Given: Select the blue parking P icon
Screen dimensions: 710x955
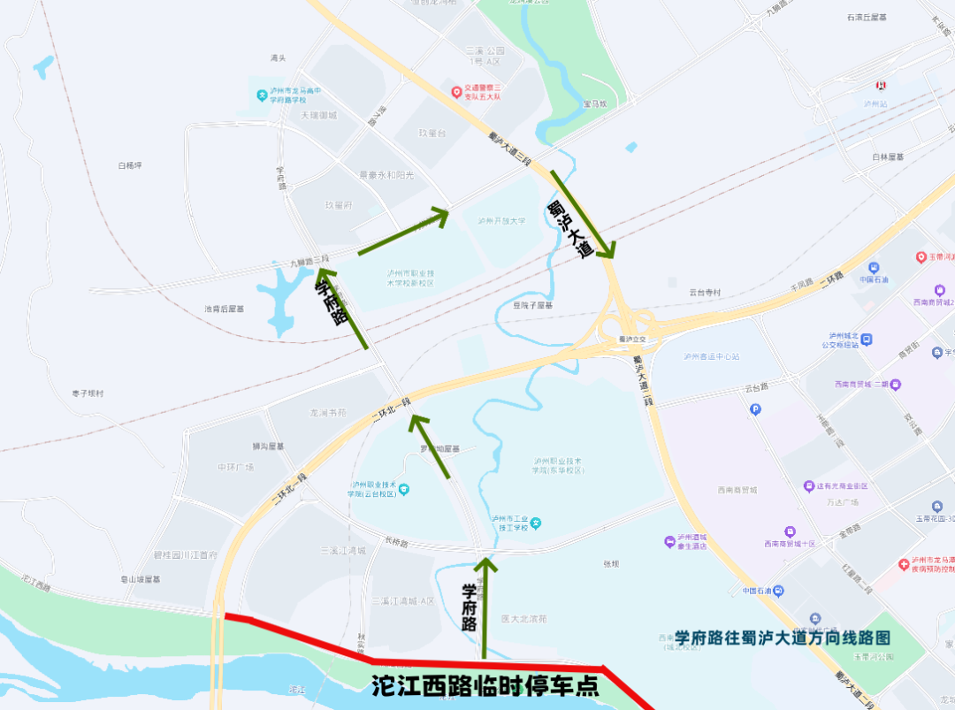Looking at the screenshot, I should tap(755, 408).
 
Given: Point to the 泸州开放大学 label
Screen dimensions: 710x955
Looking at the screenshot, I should tap(500, 221).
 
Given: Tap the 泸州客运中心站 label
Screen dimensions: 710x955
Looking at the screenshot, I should tap(711, 357).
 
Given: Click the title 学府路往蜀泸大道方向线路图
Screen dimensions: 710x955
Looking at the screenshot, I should tap(782, 637).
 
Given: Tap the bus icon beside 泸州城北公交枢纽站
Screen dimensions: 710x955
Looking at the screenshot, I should tap(867, 339).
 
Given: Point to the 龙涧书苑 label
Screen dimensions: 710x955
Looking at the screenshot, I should tap(327, 413).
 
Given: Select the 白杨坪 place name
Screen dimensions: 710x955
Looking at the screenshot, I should tap(130, 165).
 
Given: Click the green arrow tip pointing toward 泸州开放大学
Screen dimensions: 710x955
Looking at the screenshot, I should tap(446, 210).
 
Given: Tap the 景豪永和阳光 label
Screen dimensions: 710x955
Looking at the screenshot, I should tap(386, 175).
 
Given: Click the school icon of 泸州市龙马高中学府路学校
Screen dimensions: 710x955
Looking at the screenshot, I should tap(262, 95).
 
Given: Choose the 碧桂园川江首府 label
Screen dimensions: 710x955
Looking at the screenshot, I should tap(186, 555).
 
